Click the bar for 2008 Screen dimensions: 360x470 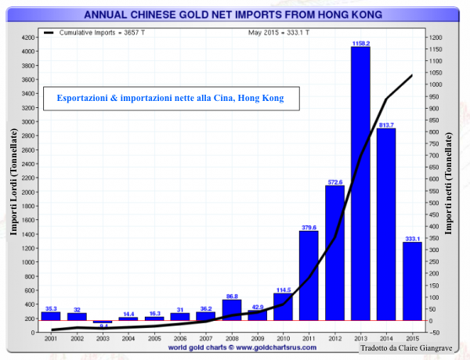pyautogui.click(x=231, y=309)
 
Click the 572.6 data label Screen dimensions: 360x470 pyautogui.click(x=334, y=182)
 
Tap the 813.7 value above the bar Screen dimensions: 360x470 pyautogui.click(x=386, y=124)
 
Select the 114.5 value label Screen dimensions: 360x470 pyautogui.click(x=283, y=290)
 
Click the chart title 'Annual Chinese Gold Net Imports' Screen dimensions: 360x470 pyautogui.click(x=234, y=13)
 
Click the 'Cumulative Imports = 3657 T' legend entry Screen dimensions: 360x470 pyautogui.click(x=96, y=32)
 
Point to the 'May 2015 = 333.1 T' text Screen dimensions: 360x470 pyautogui.click(x=279, y=32)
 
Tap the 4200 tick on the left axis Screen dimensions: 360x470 pyautogui.click(x=27, y=38)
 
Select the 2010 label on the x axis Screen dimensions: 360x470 pyautogui.click(x=283, y=340)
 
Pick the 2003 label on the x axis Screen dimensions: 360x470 pyautogui.click(x=103, y=340)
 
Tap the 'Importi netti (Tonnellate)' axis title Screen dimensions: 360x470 pyautogui.click(x=450, y=184)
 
